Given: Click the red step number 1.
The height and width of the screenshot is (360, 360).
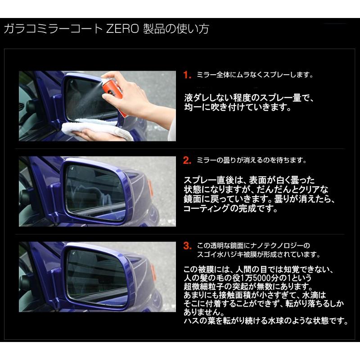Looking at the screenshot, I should (x=188, y=75).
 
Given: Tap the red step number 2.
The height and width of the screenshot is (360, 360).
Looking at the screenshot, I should (x=188, y=160).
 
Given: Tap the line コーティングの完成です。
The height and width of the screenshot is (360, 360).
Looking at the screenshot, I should (x=227, y=209).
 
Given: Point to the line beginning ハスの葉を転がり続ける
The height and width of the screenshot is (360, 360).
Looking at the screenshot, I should (x=266, y=321).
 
